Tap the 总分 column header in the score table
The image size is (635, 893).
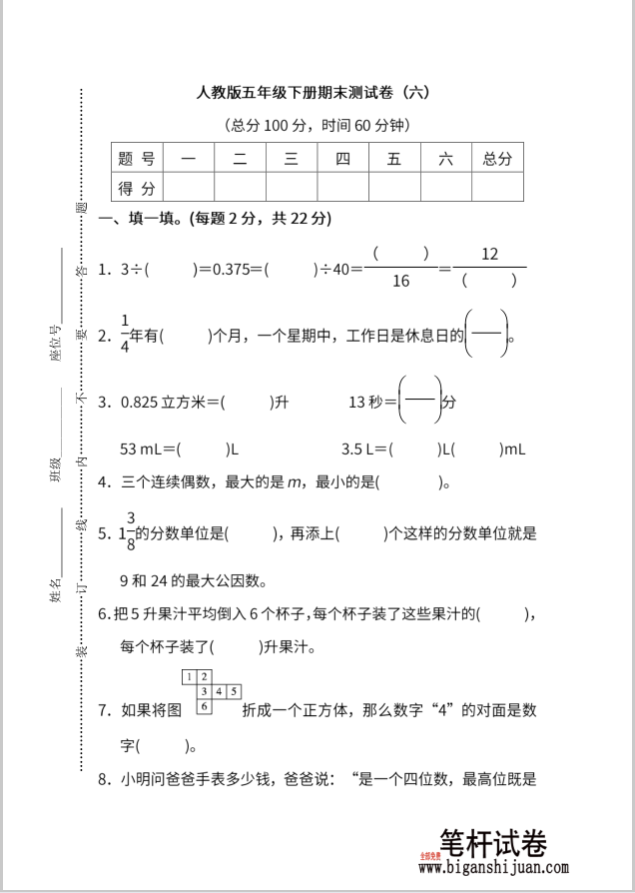(x=496, y=158)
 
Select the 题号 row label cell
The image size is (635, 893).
(x=137, y=158)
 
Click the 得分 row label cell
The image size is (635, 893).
(x=137, y=188)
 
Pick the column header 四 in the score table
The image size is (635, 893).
(x=342, y=158)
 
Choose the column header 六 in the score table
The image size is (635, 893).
(x=445, y=158)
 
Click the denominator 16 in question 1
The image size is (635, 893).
(x=400, y=281)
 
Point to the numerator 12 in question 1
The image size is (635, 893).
(x=489, y=254)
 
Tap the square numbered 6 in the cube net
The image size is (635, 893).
(x=204, y=705)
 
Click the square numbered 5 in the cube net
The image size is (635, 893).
(x=233, y=691)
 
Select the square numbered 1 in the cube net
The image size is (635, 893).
(x=190, y=677)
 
